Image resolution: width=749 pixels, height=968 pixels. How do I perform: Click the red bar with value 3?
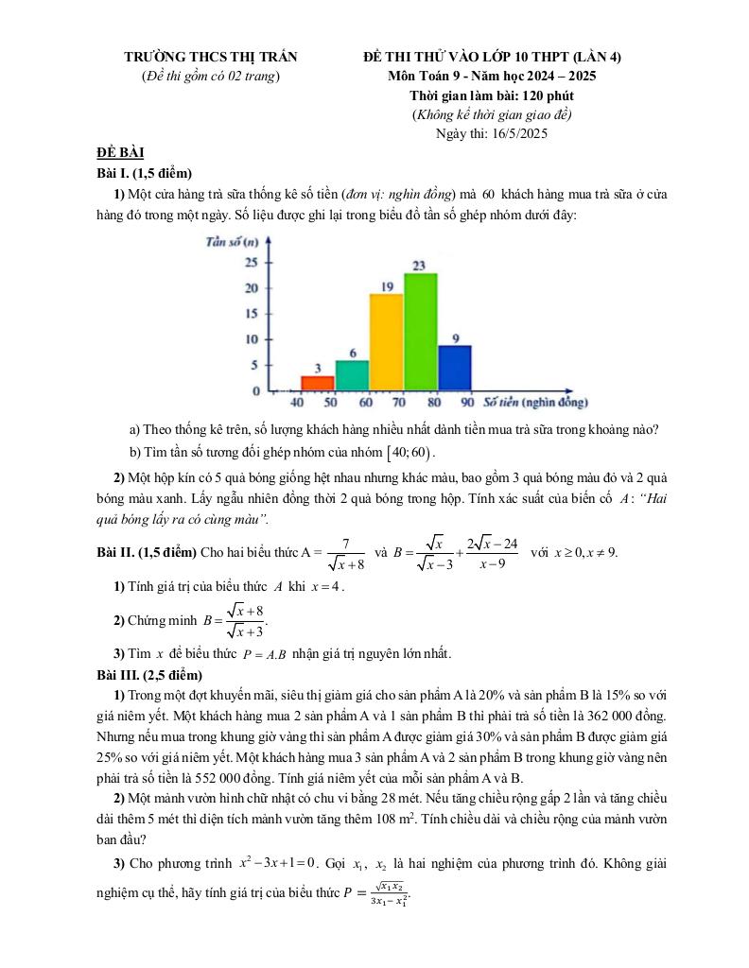click(318, 383)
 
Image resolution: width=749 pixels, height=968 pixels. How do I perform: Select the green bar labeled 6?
click(352, 375)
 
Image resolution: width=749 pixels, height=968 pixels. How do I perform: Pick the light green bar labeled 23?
click(421, 331)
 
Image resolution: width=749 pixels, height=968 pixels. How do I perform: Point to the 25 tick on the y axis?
click(252, 262)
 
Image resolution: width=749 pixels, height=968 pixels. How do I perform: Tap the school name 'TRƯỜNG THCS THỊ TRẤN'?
click(209, 58)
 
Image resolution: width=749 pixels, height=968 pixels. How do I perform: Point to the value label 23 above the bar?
click(420, 266)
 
